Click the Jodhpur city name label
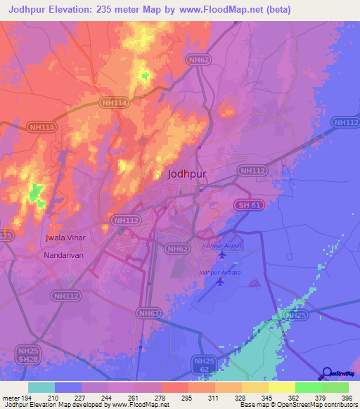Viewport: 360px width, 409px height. click(x=187, y=177)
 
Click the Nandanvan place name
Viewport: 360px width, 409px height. click(x=63, y=256)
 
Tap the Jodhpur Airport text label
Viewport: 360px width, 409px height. click(x=221, y=246)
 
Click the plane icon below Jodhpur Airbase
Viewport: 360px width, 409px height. click(x=221, y=282)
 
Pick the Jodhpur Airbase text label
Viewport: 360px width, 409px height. click(x=219, y=272)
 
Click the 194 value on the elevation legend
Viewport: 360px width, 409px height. click(x=25, y=397)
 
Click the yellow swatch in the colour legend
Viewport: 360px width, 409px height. click(x=281, y=387)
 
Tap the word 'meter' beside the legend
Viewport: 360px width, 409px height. click(x=10, y=397)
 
